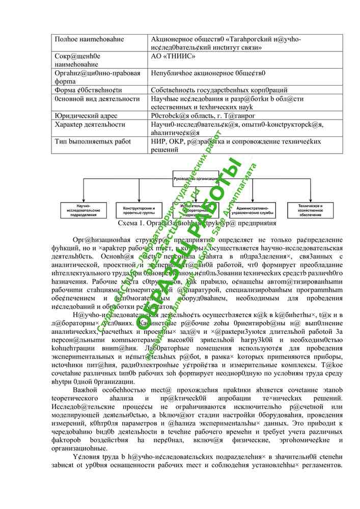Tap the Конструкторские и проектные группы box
tap(135, 210)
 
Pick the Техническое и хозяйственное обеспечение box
tap(312, 210)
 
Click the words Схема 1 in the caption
tap(129, 223)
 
